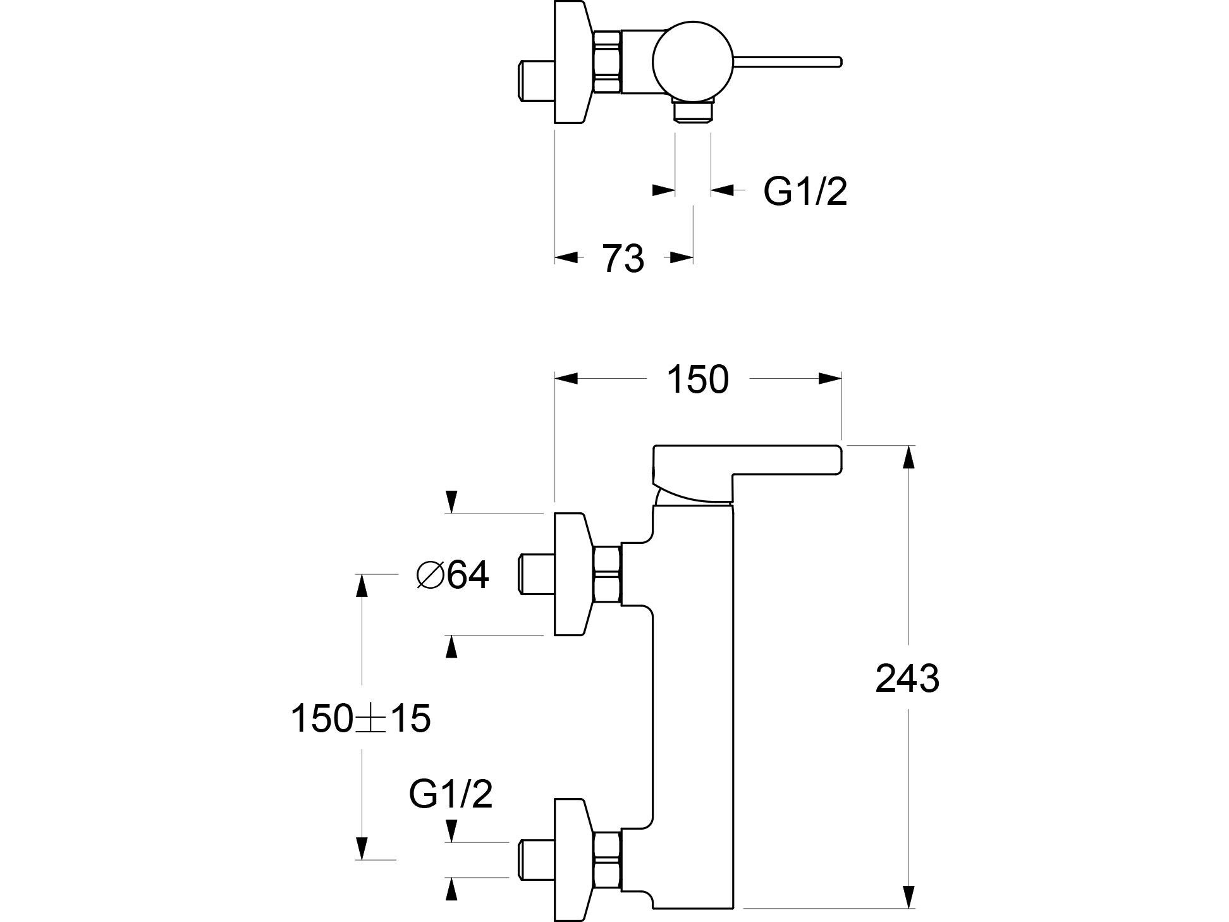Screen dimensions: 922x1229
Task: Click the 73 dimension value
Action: click(x=623, y=259)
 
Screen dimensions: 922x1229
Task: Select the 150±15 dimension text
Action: click(x=360, y=719)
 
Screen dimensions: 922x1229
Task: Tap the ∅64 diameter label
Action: click(x=453, y=575)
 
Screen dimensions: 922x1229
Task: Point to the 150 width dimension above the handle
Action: click(x=697, y=380)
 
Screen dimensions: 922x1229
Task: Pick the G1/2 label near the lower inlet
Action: click(x=451, y=794)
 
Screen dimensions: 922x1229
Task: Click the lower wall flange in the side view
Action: click(x=572, y=859)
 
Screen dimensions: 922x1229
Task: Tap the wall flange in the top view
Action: click(x=572, y=61)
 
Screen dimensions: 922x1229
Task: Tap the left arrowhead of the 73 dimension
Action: click(x=566, y=257)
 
